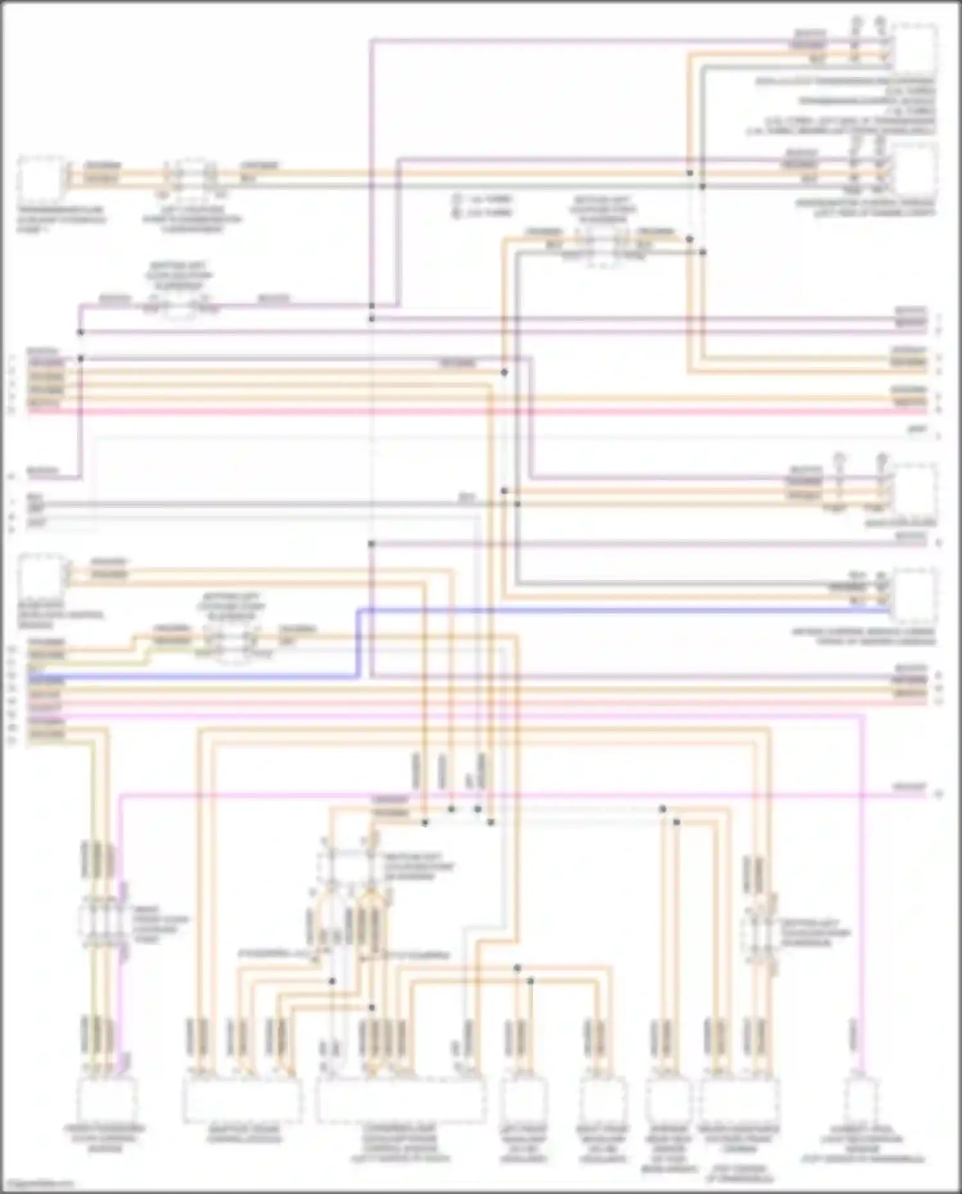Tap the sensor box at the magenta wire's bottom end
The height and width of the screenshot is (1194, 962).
coord(863,1099)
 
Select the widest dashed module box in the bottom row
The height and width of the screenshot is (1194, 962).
coord(401,1099)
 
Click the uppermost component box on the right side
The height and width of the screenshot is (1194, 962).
coord(916,49)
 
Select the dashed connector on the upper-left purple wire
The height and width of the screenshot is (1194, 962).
coord(178,307)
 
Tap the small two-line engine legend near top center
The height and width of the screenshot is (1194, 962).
coord(482,205)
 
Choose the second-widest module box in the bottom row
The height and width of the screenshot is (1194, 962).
coord(242,1099)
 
